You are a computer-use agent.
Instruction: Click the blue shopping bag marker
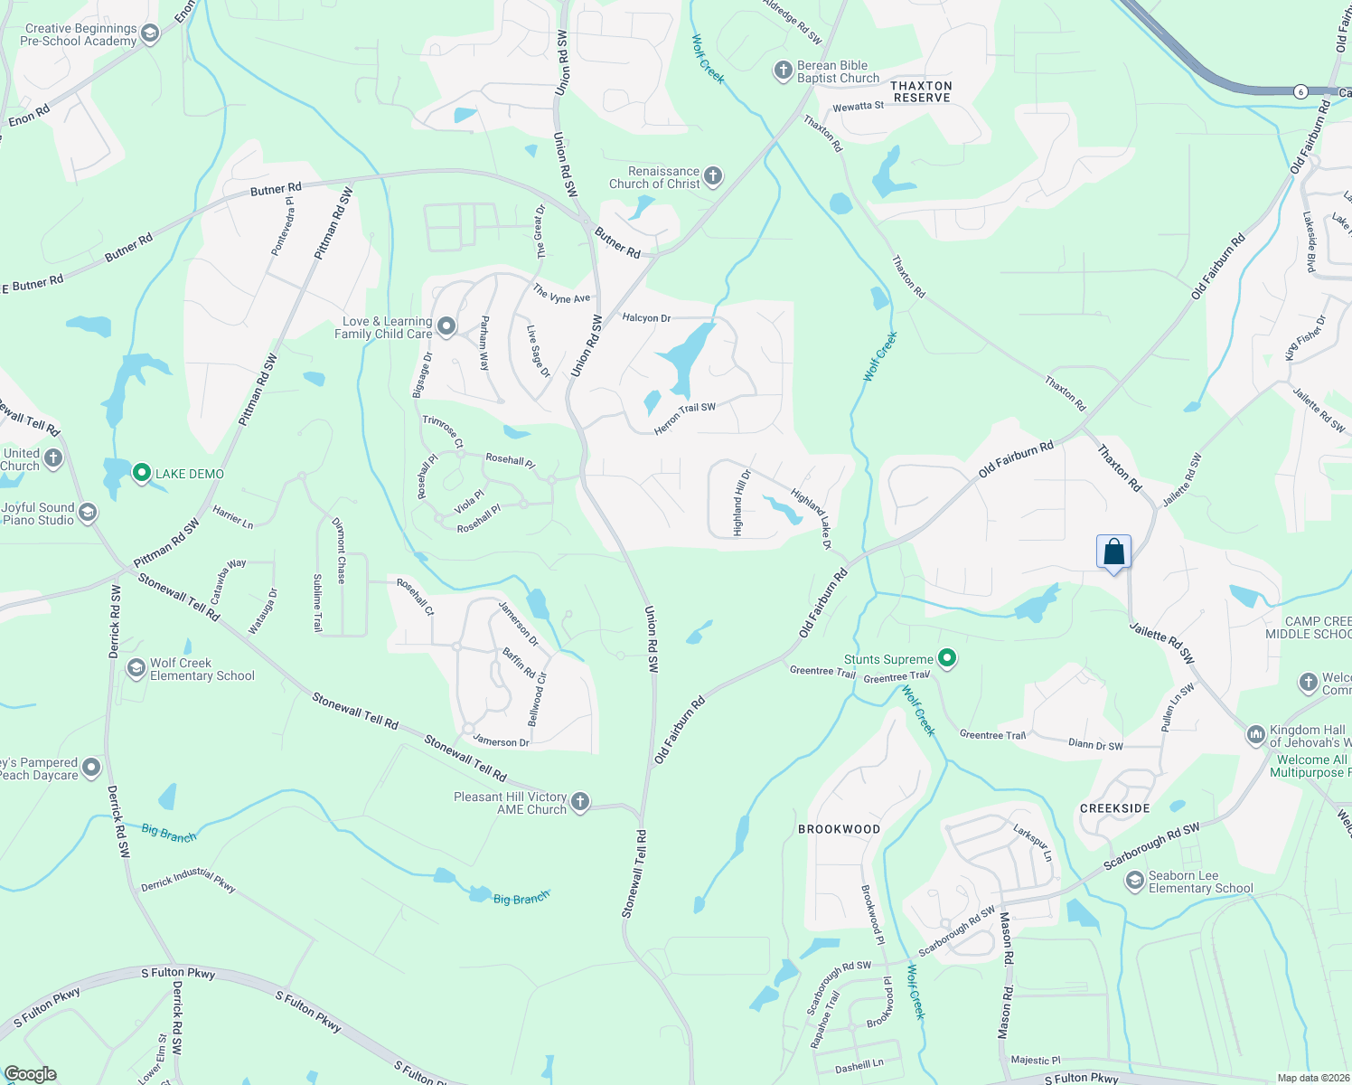1113,552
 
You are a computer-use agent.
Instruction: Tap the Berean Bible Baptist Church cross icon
783,71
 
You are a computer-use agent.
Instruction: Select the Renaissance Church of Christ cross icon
713,176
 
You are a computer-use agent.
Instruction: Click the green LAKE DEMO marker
141,473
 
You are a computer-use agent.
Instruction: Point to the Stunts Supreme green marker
946,658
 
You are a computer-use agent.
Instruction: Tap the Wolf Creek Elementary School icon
136,669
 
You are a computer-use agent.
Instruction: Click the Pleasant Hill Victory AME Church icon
580,802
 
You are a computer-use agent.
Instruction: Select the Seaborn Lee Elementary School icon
1134,882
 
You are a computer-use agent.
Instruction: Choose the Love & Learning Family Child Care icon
446,326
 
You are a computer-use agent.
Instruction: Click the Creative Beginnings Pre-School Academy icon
150,34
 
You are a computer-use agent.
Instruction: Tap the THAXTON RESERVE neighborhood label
921,91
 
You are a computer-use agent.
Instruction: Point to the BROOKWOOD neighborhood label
839,829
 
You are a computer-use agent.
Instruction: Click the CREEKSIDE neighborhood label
1115,808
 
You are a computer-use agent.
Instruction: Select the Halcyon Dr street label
646,318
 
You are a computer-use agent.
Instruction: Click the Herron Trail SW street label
684,419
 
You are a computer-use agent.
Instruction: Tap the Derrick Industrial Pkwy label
189,880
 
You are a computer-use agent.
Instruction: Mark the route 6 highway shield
1300,91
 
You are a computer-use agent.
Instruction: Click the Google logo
30,1073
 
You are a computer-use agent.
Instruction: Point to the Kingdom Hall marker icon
1255,735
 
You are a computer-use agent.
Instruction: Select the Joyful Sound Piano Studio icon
87,514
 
